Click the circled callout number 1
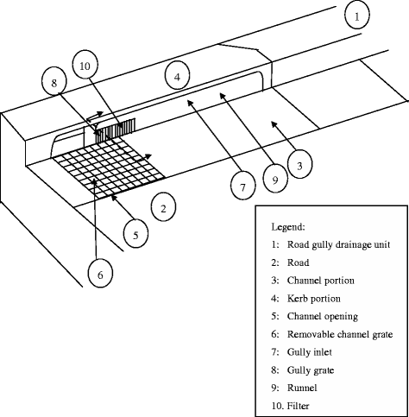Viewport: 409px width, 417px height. (x=357, y=16)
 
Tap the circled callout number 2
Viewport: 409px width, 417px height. (x=163, y=207)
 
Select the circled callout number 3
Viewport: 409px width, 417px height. (x=299, y=165)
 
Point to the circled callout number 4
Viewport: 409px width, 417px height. (x=177, y=76)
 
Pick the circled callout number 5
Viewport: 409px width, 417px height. (x=135, y=234)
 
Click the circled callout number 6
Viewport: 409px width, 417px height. (x=100, y=274)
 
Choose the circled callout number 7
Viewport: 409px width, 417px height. (x=243, y=186)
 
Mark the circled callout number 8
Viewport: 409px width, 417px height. (x=54, y=83)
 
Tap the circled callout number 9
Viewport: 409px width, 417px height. (x=275, y=180)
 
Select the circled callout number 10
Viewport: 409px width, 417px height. (x=85, y=65)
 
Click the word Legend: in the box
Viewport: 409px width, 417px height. (x=288, y=227)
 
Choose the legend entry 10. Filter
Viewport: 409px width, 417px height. (x=290, y=406)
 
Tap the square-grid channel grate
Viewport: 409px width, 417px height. (x=110, y=167)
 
